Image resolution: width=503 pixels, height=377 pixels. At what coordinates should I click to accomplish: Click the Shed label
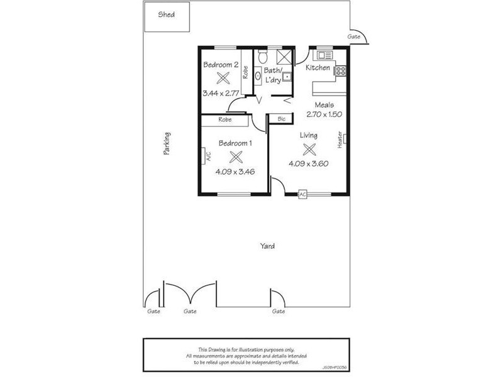[x=167, y=14]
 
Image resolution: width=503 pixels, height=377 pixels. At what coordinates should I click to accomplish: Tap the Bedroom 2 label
[x=220, y=64]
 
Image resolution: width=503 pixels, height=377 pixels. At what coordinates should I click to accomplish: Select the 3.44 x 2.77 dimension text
[x=221, y=93]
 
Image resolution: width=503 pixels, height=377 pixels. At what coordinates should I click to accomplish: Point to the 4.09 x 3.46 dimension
[x=235, y=172]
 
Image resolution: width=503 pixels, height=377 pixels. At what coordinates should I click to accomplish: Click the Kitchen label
[x=318, y=67]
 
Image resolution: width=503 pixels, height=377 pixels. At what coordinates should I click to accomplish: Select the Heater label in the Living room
[x=340, y=139]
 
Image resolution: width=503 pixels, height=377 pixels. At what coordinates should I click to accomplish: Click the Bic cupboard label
[x=281, y=118]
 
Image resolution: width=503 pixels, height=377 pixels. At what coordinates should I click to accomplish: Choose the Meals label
[x=324, y=105]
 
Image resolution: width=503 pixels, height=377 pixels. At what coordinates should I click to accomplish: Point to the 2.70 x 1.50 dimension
[x=324, y=114]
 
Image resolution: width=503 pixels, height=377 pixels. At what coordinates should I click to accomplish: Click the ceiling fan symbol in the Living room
[x=309, y=150]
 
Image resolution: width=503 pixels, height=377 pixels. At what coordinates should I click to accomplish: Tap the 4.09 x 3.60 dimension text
[x=309, y=164]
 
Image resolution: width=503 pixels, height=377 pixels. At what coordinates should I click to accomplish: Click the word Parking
[x=167, y=143]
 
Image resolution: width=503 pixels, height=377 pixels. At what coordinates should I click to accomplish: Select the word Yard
[x=267, y=246]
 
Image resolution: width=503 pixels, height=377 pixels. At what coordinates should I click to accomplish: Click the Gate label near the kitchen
[x=354, y=37]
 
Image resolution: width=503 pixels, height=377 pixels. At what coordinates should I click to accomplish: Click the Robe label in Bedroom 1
[x=225, y=119]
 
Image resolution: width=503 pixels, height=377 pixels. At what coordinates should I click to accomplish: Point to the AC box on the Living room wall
[x=302, y=194]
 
